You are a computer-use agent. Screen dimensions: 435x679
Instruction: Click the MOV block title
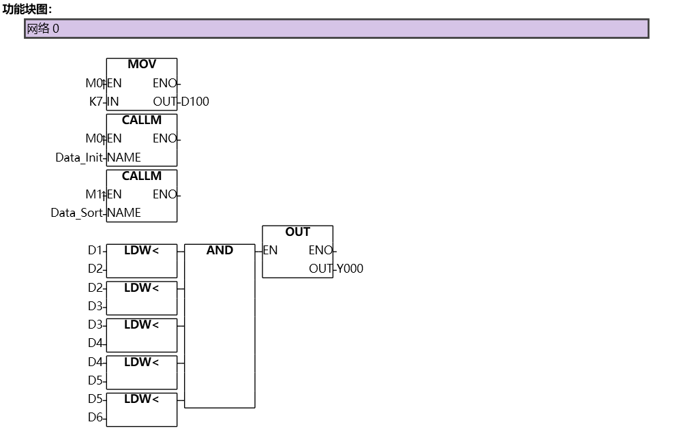pos(142,65)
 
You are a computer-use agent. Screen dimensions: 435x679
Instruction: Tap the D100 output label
pos(195,102)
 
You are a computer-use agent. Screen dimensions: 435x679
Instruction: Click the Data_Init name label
pos(79,157)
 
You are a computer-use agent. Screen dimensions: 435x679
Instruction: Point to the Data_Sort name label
pos(76,213)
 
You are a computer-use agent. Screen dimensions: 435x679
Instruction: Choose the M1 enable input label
pos(93,194)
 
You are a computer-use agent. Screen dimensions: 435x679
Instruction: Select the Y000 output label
pos(350,269)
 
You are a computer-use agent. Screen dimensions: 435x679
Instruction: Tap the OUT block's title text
pos(298,232)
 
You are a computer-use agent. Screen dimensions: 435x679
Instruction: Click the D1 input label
pos(95,250)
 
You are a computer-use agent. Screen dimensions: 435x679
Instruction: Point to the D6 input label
pos(95,417)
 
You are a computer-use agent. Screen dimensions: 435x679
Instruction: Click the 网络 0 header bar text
pos(43,29)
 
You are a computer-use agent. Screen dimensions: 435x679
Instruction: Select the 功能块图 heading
pos(27,9)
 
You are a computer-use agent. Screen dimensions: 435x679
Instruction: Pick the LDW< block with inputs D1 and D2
pos(141,260)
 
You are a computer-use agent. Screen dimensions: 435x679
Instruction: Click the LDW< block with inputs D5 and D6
pos(141,408)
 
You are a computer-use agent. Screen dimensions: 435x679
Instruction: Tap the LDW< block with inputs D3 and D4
pos(141,334)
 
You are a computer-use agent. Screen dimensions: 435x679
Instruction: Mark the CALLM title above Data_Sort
pos(142,176)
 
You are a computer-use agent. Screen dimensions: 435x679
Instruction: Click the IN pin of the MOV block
pos(114,102)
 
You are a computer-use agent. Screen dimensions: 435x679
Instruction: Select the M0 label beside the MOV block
pos(93,83)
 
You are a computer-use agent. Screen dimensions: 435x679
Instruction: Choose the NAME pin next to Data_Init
pos(124,157)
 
